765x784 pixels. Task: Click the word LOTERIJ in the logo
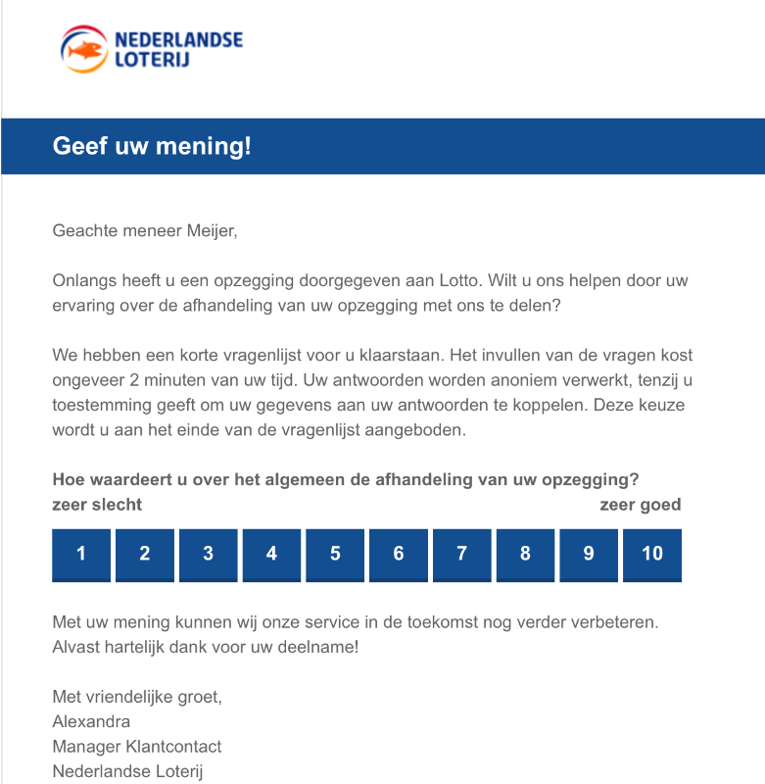[152, 59]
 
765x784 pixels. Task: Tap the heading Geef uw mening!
[152, 147]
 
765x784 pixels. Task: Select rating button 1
[81, 554]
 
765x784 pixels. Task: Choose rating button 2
[145, 554]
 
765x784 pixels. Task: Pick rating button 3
[208, 554]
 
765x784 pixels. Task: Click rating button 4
[271, 554]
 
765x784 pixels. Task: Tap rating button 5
[335, 554]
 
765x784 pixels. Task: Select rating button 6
[399, 554]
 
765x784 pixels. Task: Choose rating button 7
[461, 554]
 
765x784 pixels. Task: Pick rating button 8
[525, 554]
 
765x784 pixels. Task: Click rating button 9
[589, 554]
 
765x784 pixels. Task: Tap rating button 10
[652, 554]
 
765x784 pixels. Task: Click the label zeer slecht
[97, 505]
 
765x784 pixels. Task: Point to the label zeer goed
[640, 505]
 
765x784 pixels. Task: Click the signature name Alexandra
[91, 722]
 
